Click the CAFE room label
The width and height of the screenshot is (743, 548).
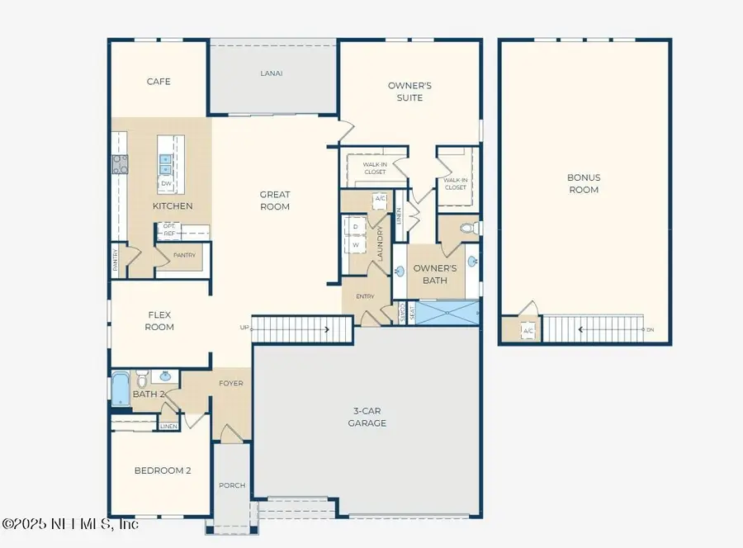coord(159,82)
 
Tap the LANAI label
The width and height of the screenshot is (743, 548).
coord(271,73)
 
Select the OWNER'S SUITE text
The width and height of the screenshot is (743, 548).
coord(410,92)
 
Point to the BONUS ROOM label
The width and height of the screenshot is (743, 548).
coord(583,183)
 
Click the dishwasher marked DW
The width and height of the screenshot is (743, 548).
coord(166,183)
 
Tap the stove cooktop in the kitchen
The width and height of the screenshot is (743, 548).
coord(120,164)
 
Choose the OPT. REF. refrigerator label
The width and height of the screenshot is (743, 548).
coord(168,229)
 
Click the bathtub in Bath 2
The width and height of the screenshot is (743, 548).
coord(121,388)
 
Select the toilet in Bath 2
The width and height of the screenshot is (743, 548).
coord(141,381)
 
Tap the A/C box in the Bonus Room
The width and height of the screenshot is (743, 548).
coord(528,331)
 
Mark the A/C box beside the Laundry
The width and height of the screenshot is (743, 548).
coord(381,199)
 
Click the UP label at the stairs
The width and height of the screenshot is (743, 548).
coord(244,328)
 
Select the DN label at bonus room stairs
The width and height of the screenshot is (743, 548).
coord(650,330)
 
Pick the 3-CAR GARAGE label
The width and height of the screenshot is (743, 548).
coord(367,417)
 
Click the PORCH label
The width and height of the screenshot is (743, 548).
coord(232,485)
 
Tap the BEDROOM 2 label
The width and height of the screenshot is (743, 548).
coord(163,470)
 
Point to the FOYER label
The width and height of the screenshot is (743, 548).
coord(230,383)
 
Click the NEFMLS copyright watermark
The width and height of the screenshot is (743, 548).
coord(70,524)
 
